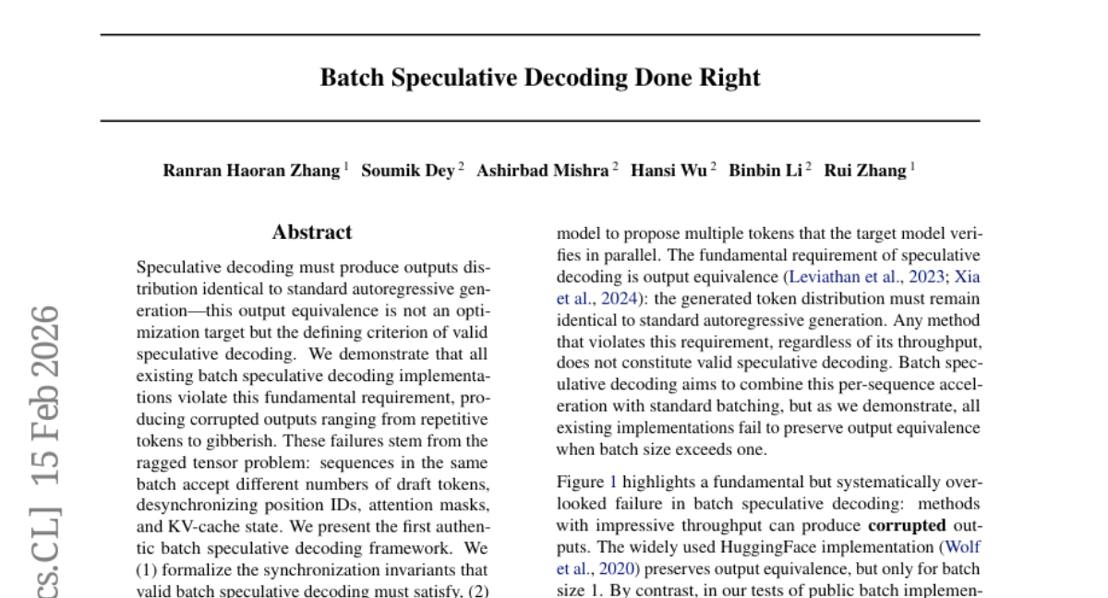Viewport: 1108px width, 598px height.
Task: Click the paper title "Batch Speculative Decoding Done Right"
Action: [x=540, y=78]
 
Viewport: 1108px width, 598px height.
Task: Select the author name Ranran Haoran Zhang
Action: [x=251, y=171]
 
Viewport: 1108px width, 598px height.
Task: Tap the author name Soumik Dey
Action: [x=407, y=171]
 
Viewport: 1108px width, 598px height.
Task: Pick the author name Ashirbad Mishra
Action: [x=542, y=171]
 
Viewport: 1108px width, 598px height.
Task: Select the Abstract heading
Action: [x=312, y=233]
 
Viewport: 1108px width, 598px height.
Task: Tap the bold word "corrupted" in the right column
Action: [x=907, y=525]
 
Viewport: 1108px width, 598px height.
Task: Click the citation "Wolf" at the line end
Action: [x=962, y=546]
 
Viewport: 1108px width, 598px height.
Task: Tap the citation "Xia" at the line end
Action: [x=967, y=277]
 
